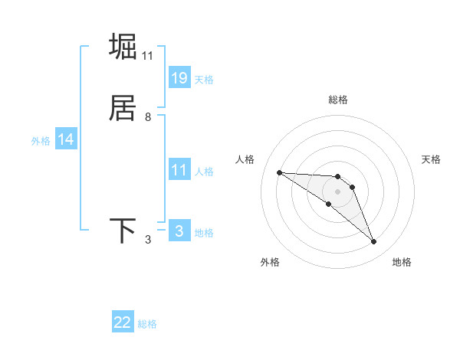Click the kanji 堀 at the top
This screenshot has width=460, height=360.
tap(123, 47)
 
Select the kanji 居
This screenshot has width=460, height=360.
tap(123, 108)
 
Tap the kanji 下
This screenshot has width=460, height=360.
tap(123, 231)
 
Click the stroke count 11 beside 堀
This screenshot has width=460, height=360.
tap(148, 56)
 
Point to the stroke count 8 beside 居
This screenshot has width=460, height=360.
tap(148, 117)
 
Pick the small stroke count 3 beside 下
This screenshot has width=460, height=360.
tap(148, 240)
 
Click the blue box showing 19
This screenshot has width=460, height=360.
tap(179, 77)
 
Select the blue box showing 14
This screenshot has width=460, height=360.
tap(66, 139)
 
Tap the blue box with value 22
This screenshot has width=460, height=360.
tap(123, 322)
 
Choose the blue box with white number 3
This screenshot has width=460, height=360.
tap(179, 231)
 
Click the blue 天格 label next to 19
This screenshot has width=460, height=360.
tap(204, 80)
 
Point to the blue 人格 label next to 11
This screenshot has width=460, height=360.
tap(204, 172)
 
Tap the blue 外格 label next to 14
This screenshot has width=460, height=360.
tap(41, 141)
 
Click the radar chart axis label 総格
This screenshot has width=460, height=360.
tap(338, 100)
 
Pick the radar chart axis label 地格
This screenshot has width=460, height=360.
tap(402, 262)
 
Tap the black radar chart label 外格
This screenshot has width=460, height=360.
tap(270, 262)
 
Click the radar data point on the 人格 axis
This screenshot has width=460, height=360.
tap(279, 172)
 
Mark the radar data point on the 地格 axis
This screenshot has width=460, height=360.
tap(374, 242)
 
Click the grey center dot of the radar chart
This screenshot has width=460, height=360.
tap(338, 191)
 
